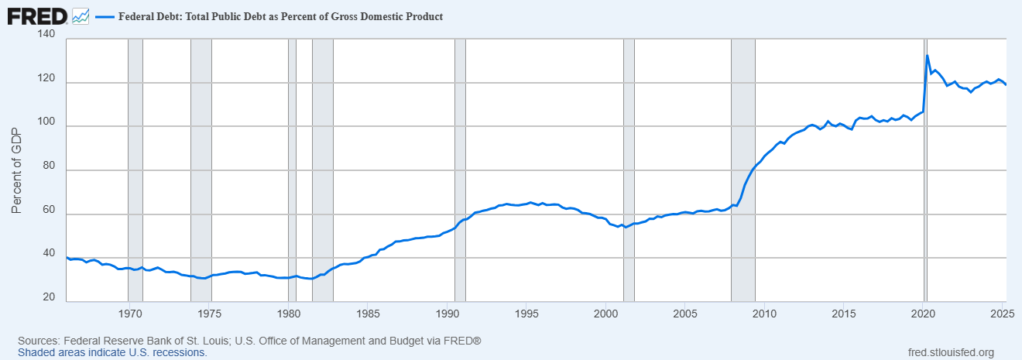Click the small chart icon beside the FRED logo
(81, 16)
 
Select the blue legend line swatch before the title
(104, 16)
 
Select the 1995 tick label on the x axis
(526, 314)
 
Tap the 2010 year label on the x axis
(765, 314)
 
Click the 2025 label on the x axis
(1003, 314)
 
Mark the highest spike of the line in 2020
(928, 56)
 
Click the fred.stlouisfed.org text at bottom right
(950, 352)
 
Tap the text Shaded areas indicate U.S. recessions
(113, 352)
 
